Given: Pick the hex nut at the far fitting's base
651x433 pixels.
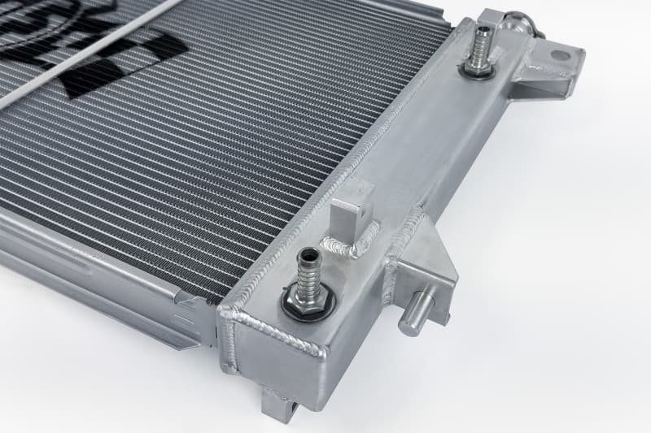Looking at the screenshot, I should (478, 66).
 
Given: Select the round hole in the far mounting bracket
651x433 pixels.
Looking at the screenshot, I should (562, 56).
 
